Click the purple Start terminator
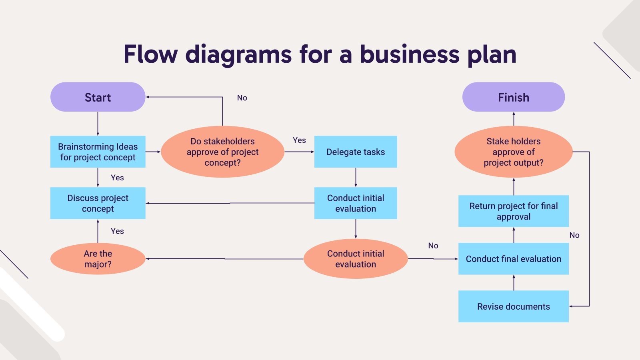[98, 97]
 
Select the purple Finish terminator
[513, 97]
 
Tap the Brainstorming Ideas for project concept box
[98, 152]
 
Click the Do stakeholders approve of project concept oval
[222, 152]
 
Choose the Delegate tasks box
[356, 152]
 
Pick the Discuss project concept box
[98, 203]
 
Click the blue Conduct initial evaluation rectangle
[356, 203]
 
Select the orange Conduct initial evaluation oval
[356, 259]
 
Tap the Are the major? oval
[98, 259]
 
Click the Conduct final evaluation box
[513, 259]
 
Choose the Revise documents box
[513, 306]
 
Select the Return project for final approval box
[513, 211]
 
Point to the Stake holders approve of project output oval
[513, 152]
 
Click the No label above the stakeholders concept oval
[242, 98]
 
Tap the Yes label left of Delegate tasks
[299, 140]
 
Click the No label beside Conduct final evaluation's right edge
[574, 235]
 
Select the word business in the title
[410, 54]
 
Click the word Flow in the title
[150, 54]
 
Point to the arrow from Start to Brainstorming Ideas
[98, 124]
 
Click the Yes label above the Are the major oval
[117, 231]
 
